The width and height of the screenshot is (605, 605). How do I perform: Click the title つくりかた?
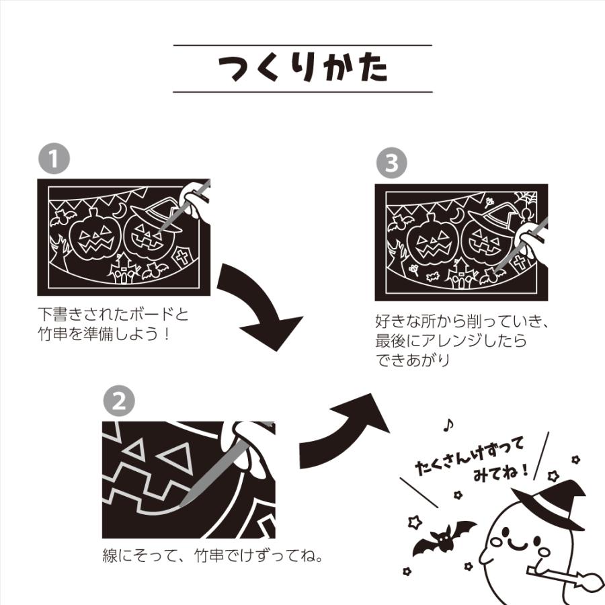point(303,69)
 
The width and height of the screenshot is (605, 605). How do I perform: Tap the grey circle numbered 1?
point(54,158)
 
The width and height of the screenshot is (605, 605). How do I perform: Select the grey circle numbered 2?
point(119,401)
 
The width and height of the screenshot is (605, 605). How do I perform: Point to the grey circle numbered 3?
point(392,163)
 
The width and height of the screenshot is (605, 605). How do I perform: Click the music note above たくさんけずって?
point(448,425)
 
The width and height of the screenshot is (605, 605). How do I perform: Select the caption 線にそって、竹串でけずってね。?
point(212,556)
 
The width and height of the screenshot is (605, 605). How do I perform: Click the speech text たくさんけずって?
point(470,455)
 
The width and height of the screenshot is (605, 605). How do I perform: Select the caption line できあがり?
point(413,360)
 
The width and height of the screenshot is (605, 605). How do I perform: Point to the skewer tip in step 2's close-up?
point(182,503)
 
